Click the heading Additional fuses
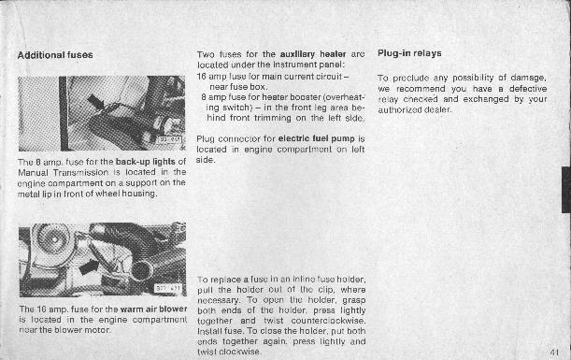[x=55, y=55]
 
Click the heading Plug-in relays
[x=409, y=53]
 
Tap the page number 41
[x=554, y=352]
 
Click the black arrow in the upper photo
[x=95, y=101]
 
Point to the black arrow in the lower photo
[x=89, y=267]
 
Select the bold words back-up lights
[x=145, y=162]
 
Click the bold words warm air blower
[x=153, y=310]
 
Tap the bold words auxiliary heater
[x=313, y=54]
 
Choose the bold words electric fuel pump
[x=316, y=138]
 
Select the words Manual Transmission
[x=63, y=172]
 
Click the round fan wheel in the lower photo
[x=54, y=238]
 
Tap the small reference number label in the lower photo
[x=167, y=288]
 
